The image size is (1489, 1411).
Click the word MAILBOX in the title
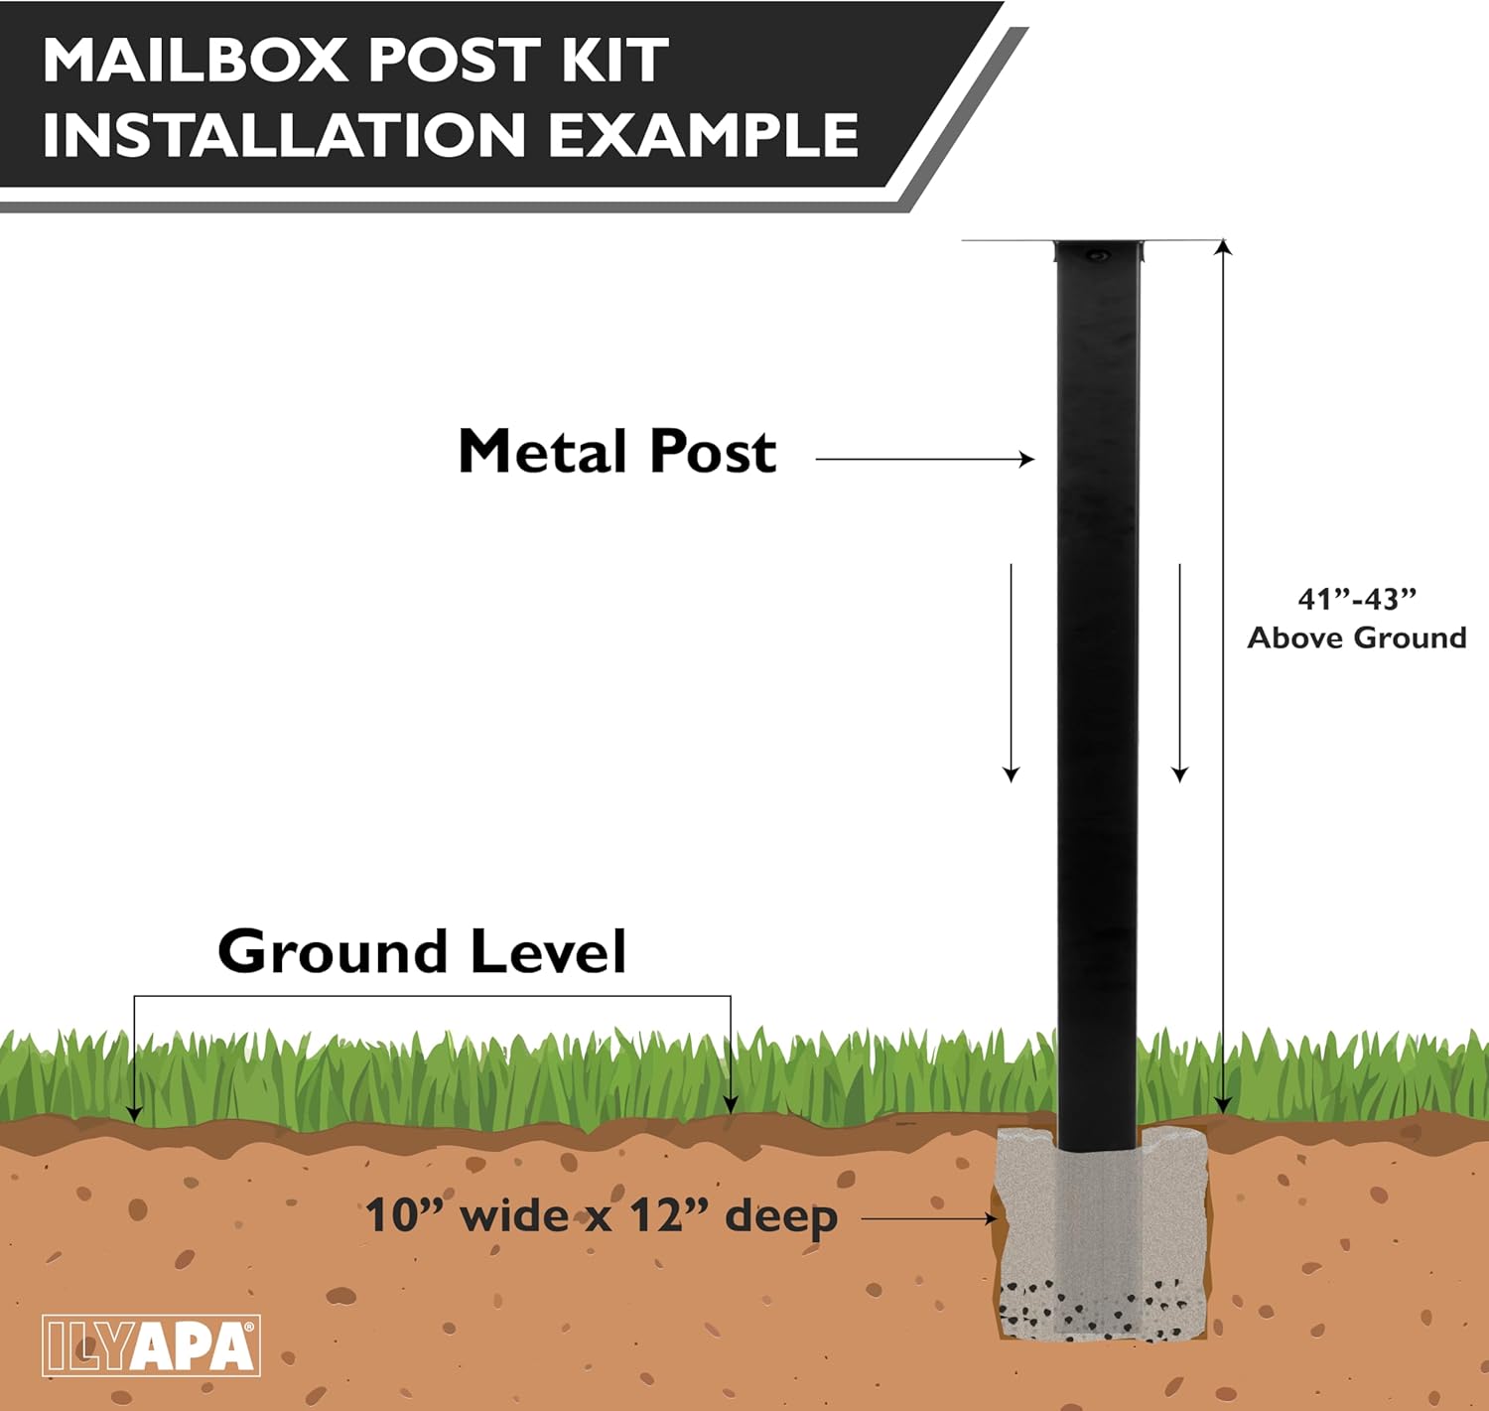[194, 62]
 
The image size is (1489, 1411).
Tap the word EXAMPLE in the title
[704, 135]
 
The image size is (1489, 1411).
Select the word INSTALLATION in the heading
[283, 135]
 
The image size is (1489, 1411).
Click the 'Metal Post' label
[616, 453]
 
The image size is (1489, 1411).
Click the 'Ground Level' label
[422, 952]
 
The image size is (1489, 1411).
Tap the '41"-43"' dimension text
[1356, 600]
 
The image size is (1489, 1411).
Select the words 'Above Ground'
[1356, 637]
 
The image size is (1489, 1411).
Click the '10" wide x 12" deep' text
[602, 1216]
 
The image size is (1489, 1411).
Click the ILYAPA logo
[151, 1345]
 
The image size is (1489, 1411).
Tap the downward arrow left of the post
[1011, 773]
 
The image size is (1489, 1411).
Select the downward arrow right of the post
[1179, 773]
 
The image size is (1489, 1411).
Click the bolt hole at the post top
[1097, 256]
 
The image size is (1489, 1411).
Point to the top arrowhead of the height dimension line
[1223, 248]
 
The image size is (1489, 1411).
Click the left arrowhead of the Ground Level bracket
[134, 1112]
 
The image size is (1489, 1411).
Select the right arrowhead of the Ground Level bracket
[731, 1103]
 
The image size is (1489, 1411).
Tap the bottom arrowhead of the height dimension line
[1223, 1105]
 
